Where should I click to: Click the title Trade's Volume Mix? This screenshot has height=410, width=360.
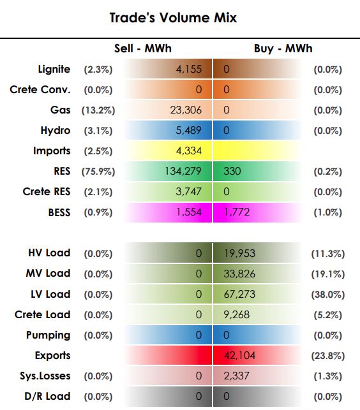(x=173, y=18)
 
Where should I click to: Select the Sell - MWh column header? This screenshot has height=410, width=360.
(x=143, y=48)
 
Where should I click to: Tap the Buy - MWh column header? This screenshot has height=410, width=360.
(x=283, y=48)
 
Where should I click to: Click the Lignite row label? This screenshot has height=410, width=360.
(x=54, y=70)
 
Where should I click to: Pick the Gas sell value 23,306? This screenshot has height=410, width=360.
(x=186, y=110)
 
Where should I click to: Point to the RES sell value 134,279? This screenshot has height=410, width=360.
(x=183, y=172)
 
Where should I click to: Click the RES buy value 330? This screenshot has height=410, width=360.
(x=232, y=172)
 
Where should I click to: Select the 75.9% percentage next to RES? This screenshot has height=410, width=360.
(x=98, y=172)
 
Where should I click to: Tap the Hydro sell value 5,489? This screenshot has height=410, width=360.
(x=188, y=131)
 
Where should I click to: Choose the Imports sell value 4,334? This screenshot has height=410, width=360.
(x=189, y=151)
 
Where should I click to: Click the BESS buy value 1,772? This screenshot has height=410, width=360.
(x=237, y=212)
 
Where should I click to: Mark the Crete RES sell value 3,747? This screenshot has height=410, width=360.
(x=188, y=192)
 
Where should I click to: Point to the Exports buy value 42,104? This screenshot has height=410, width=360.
(x=239, y=356)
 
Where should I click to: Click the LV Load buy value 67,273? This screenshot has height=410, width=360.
(x=239, y=295)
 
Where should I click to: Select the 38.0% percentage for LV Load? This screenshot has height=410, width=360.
(x=328, y=295)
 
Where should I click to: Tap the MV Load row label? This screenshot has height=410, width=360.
(x=48, y=274)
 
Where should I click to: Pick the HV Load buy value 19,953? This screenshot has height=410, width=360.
(x=239, y=253)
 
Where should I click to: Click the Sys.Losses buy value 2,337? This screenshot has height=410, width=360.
(x=236, y=376)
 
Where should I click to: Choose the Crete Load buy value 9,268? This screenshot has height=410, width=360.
(x=237, y=315)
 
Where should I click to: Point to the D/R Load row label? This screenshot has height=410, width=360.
(x=47, y=397)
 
